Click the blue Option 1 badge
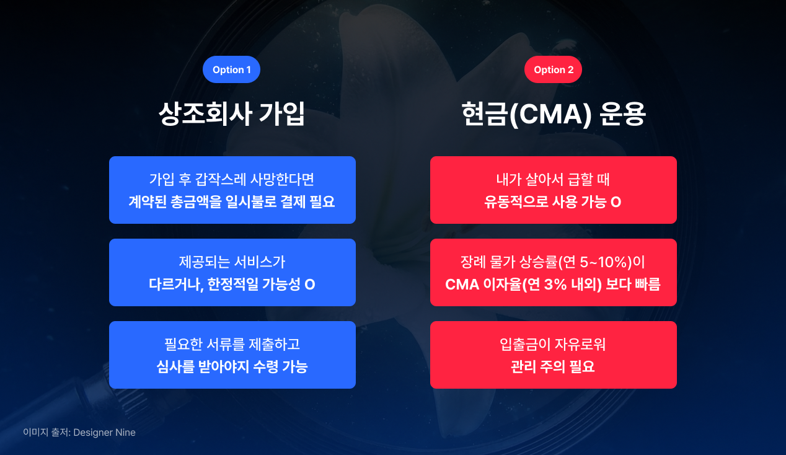[231, 69]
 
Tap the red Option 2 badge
[553, 69]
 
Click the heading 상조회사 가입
[232, 114]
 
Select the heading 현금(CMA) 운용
[554, 114]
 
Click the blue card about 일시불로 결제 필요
[232, 190]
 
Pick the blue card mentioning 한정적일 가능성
[232, 272]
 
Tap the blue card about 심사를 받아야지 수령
[232, 355]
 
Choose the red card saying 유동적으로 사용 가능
[553, 190]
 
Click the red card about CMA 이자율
[553, 272]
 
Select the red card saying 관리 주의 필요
[553, 355]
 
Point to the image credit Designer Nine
[79, 433]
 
